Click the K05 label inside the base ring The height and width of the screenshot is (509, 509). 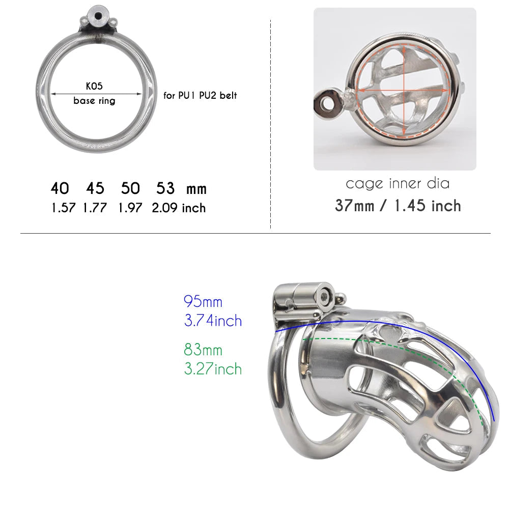[94, 86]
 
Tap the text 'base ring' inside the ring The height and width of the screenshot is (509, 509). [94, 101]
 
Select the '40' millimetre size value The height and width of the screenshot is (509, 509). [60, 188]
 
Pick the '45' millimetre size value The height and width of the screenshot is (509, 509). [95, 188]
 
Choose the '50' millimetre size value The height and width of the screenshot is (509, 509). [130, 188]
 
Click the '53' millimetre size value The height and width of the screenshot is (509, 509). [165, 188]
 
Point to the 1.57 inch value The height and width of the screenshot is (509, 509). [63, 208]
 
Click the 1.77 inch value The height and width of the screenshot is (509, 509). [95, 208]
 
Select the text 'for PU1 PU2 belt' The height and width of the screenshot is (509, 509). [200, 96]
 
